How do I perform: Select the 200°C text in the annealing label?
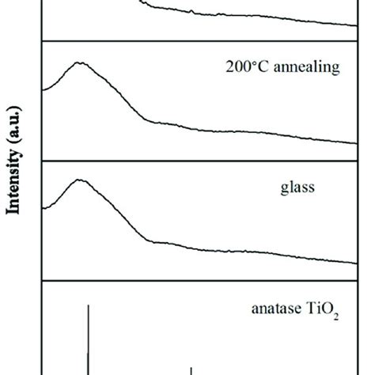pyautogui.click(x=245, y=68)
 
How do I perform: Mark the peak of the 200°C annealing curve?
pyautogui.click(x=78, y=62)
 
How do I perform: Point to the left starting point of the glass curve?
pyautogui.click(x=43, y=208)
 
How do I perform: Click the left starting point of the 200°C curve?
pyautogui.click(x=43, y=90)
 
